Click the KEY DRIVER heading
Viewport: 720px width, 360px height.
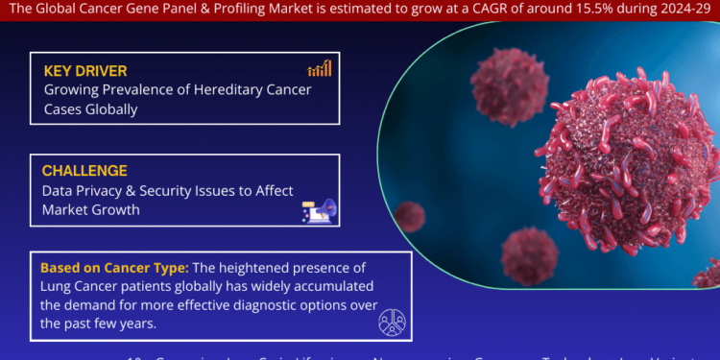pyautogui.click(x=85, y=70)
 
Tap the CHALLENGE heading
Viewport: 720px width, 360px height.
pyautogui.click(x=84, y=171)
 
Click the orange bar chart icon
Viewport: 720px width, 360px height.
pyautogui.click(x=320, y=68)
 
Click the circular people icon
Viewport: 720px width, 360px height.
pyautogui.click(x=392, y=321)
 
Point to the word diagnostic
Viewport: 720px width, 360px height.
pyautogui.click(x=248, y=278)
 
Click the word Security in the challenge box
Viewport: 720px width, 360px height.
pyautogui.click(x=185, y=190)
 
